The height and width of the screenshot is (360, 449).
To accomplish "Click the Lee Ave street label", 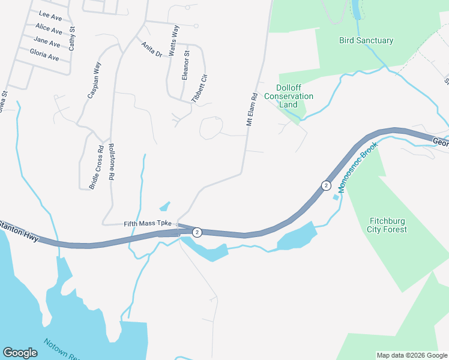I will [50, 16].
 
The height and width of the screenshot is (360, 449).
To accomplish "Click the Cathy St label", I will [72, 37].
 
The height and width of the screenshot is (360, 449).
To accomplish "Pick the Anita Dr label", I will [152, 49].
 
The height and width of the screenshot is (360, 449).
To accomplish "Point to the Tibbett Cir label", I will [198, 88].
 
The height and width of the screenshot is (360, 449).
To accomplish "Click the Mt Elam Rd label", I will [252, 109].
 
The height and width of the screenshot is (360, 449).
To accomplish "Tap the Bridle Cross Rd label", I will [97, 167].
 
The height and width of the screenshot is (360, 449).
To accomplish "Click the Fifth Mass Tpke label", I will [148, 223].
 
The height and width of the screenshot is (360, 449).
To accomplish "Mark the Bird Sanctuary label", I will [366, 41].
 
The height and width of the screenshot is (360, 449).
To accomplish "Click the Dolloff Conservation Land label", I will [289, 96].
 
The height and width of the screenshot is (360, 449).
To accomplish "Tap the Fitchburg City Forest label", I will [387, 225].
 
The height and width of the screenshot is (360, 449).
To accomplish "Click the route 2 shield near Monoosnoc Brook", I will [326, 185].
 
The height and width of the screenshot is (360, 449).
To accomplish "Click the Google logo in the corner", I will [20, 353].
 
